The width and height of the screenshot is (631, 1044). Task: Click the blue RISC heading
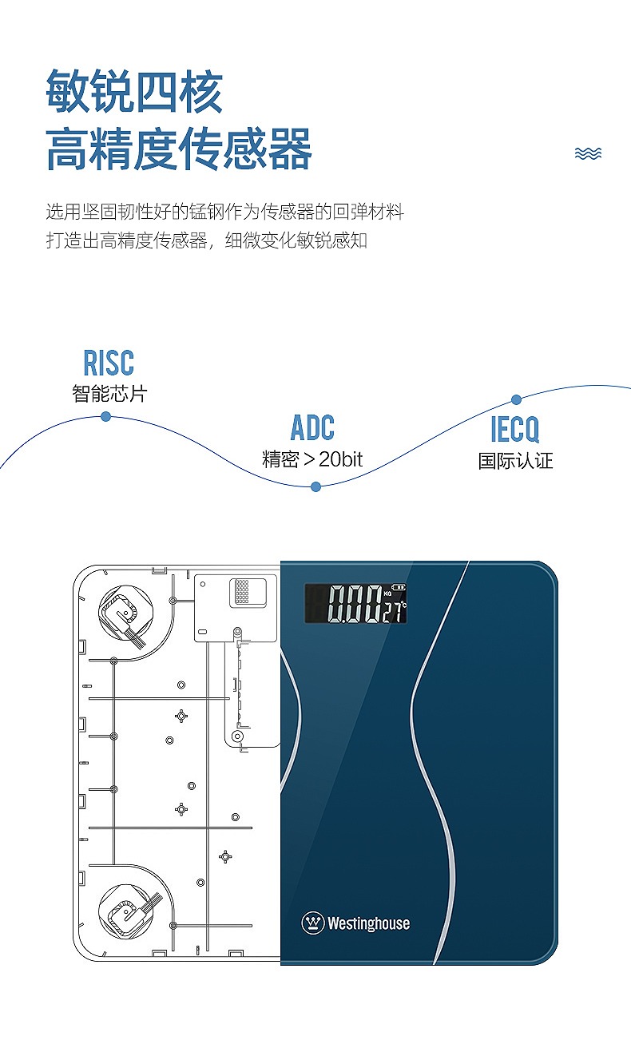point(109,363)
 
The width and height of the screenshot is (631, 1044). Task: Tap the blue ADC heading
point(312,427)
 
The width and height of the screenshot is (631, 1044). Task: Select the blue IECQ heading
point(515,429)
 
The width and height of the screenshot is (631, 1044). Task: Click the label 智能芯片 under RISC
point(109,393)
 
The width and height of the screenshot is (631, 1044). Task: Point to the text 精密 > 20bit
point(312,459)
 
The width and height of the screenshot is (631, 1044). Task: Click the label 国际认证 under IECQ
point(515,460)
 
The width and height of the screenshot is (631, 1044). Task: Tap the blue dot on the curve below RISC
point(105,416)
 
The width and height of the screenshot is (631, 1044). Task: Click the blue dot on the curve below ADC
point(315,487)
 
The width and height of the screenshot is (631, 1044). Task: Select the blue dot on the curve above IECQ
point(516,399)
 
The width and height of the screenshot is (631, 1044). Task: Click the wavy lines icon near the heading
point(588,153)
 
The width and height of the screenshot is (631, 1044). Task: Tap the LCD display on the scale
point(356,604)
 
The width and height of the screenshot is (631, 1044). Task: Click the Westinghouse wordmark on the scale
point(369,923)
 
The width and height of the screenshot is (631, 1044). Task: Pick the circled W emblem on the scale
point(312,923)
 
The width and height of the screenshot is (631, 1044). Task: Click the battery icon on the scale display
point(399,587)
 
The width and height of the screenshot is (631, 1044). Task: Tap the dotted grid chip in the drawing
point(242,591)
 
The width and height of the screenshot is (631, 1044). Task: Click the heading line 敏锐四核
point(134,91)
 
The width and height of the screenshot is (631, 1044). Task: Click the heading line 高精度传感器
point(178,149)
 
